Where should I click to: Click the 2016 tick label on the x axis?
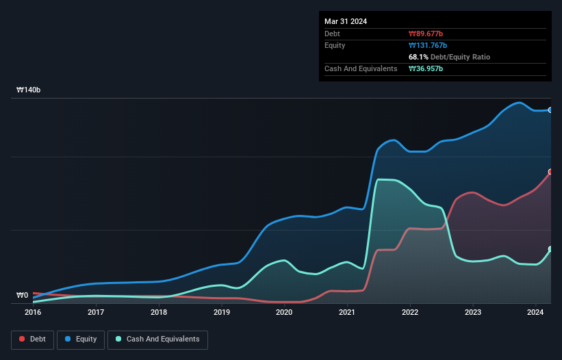pos(33,312)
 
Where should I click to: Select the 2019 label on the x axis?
pos(221,312)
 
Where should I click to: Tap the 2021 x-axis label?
pos(347,312)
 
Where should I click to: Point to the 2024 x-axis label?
pos(535,312)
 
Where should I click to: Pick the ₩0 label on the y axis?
pos(23,296)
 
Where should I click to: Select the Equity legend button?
pos(81,339)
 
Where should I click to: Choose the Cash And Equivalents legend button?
pos(157,339)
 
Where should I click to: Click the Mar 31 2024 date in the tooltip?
pos(346,21)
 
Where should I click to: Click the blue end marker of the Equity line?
pos(550,110)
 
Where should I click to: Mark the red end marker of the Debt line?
pos(550,172)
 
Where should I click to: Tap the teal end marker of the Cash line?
pos(550,249)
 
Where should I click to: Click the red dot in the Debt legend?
pos(23,339)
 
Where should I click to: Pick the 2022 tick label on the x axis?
pos(409,312)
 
